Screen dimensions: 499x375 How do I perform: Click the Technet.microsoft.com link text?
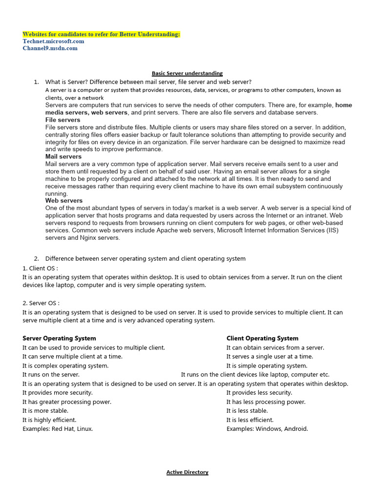point(53,41)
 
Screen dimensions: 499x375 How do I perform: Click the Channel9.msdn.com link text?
point(50,48)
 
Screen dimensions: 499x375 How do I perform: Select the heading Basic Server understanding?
point(187,74)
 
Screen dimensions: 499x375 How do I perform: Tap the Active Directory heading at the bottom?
point(187,472)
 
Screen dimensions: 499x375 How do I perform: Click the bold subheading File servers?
point(62,120)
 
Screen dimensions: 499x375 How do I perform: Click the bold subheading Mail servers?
point(63,157)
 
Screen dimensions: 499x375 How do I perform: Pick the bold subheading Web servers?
point(64,201)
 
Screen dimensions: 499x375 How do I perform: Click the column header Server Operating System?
point(59,338)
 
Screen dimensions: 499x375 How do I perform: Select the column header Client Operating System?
point(262,338)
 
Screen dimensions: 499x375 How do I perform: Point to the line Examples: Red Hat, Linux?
point(58,429)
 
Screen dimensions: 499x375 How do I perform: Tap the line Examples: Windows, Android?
point(267,429)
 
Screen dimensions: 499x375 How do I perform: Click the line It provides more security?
point(58,393)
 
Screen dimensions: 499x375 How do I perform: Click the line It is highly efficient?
point(49,420)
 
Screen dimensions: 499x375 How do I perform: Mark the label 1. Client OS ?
point(40,268)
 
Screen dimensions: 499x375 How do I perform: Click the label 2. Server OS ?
point(41,303)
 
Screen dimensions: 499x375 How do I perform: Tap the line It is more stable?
point(45,411)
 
